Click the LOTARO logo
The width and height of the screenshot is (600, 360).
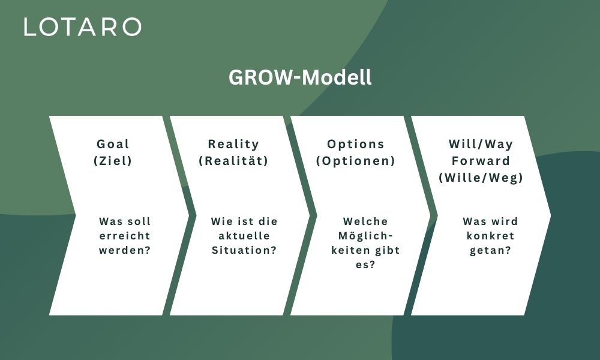[x=83, y=27]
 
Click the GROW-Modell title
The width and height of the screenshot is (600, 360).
[x=300, y=77]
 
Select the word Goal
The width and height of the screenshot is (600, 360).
[x=113, y=144]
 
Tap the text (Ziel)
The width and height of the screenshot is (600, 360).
[x=113, y=161]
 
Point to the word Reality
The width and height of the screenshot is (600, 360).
[x=233, y=144]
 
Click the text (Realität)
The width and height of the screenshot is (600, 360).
[x=233, y=161]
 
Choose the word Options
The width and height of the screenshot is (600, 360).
[x=355, y=144]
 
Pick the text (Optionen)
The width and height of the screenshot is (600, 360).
[x=355, y=161]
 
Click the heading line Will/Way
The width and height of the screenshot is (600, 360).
[x=481, y=144]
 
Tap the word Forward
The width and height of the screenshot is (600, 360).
[x=481, y=161]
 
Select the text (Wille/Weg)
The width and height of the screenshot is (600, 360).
[x=481, y=178]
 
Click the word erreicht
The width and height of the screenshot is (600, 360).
[x=125, y=236]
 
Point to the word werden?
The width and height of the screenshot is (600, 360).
[x=125, y=250]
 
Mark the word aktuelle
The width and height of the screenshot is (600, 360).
[x=244, y=236]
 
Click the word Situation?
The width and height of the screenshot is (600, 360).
[x=244, y=250]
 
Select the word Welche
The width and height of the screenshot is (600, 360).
[x=365, y=221]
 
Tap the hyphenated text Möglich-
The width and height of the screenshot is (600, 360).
[x=365, y=236]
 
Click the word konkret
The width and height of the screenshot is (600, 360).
[x=490, y=236]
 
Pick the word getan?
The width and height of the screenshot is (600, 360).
[x=490, y=251]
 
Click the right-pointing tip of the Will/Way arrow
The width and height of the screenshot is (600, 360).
[x=551, y=215]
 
